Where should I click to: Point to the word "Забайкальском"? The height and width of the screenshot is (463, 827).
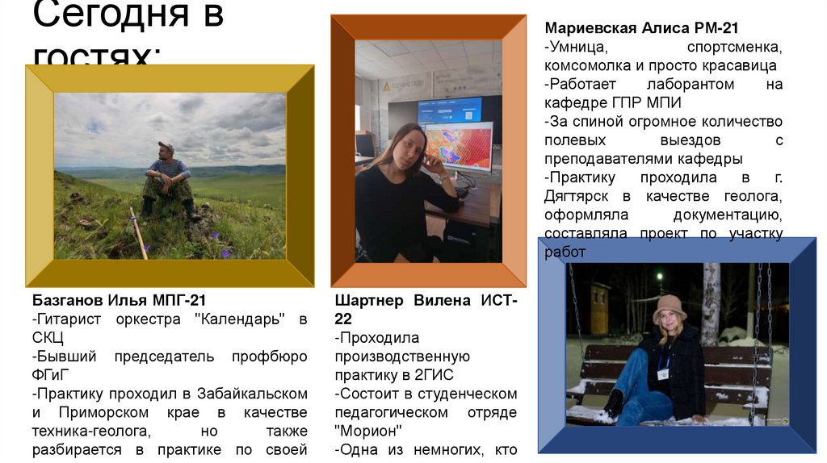click(243, 394)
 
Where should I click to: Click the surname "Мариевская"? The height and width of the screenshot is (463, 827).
click(590, 28)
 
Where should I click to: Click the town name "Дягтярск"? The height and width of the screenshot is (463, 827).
click(577, 196)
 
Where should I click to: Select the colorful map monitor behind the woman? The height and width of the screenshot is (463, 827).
click(459, 146)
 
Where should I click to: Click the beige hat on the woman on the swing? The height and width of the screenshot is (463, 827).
click(669, 306)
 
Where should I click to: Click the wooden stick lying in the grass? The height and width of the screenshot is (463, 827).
click(138, 233)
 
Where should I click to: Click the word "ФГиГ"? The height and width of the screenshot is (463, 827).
click(52, 375)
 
